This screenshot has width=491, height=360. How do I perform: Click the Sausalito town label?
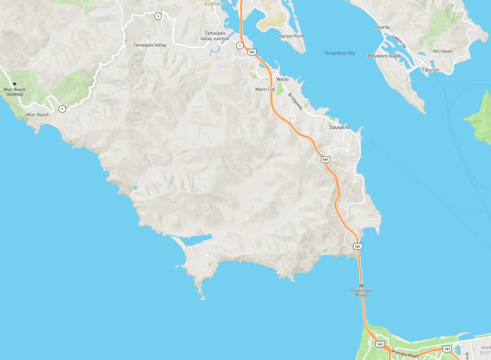click(339, 127)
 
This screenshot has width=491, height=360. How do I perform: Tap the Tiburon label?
click(430, 70)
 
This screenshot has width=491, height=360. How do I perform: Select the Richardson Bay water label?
click(340, 53)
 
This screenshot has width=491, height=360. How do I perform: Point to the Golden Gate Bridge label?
click(361, 293)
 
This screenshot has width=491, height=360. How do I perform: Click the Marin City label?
click(265, 89)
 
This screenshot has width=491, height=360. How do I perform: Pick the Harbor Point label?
click(291, 36)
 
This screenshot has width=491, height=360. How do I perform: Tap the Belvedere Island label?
click(384, 56)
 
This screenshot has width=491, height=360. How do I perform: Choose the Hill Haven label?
click(442, 51)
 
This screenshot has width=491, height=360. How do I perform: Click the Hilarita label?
click(382, 27)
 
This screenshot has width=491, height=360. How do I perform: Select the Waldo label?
click(282, 79)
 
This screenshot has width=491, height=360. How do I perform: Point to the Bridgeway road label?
click(295, 101)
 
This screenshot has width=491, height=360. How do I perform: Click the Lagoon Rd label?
click(399, 41)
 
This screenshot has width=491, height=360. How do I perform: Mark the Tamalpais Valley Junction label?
click(215, 36)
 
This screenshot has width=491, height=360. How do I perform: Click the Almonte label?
click(215, 4)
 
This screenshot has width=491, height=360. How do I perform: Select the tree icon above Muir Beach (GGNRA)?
click(15, 84)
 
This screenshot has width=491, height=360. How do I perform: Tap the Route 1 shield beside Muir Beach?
click(62, 109)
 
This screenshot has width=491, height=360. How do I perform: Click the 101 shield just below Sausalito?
click(325, 159)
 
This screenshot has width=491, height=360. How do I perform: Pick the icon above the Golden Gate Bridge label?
click(361, 286)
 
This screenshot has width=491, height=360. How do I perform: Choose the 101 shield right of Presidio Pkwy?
click(447, 349)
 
